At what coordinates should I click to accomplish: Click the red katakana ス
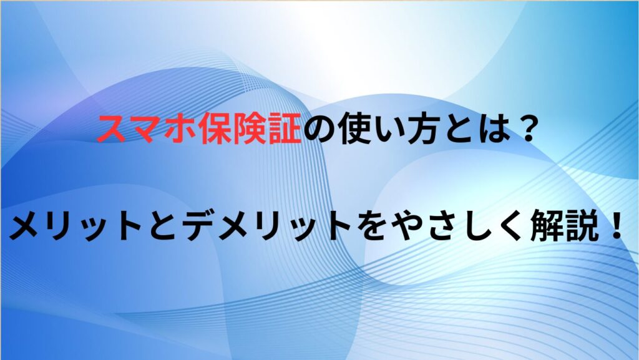click(x=111, y=130)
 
